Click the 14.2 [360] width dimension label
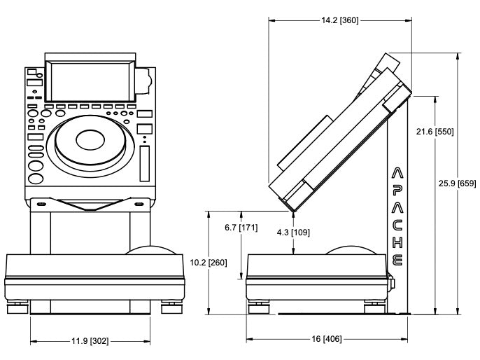coord(339,20)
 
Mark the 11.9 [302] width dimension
coord(90,342)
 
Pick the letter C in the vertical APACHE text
coord(397,225)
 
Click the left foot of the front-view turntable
coord(17,306)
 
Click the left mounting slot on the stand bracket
coord(41,205)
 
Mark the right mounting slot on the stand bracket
coord(139,205)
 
